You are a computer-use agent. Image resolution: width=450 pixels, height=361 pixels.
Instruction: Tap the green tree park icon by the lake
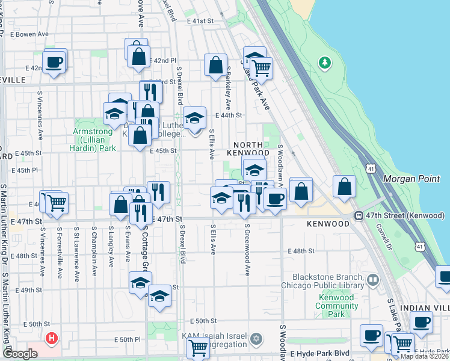click(325, 62)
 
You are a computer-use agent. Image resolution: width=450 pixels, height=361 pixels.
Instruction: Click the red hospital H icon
click(52, 339)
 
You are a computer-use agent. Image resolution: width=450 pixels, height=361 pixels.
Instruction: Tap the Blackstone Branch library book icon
click(373, 280)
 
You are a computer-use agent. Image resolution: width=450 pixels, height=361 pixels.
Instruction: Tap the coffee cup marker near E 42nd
click(54, 62)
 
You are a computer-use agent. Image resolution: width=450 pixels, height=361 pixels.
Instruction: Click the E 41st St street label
click(200, 20)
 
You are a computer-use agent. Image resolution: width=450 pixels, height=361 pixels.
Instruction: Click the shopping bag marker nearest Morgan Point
click(345, 188)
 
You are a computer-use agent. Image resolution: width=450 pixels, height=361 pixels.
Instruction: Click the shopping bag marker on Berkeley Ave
click(215, 66)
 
